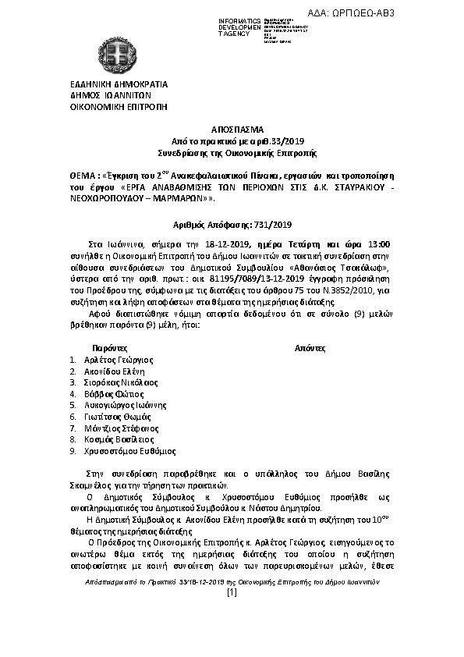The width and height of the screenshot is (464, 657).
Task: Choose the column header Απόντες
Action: coord(310,346)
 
